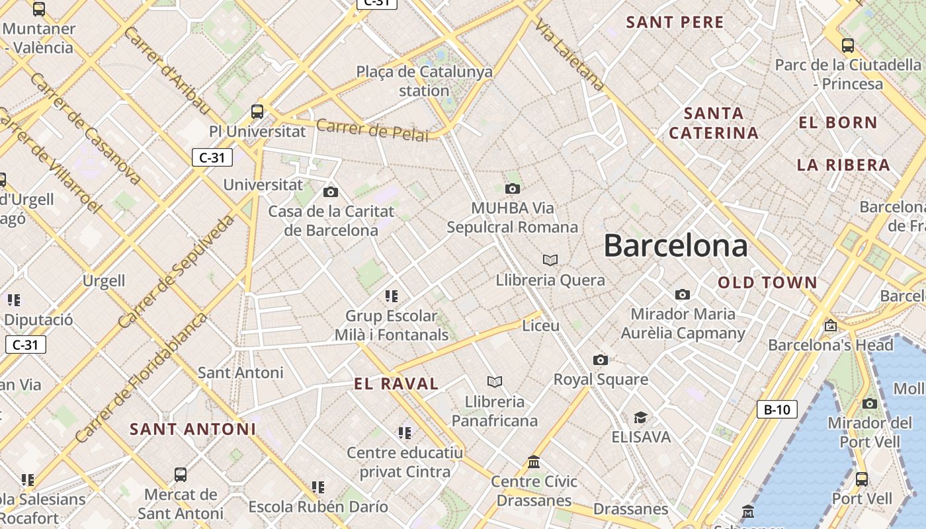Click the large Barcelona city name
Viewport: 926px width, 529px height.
675,246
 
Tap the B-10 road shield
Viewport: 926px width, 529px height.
777,409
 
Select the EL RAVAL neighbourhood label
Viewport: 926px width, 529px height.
396,384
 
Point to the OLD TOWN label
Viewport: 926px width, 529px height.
768,283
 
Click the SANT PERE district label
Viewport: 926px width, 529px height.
675,22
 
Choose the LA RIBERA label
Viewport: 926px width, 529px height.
843,165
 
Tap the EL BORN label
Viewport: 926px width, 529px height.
838,122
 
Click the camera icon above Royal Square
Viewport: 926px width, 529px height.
601,360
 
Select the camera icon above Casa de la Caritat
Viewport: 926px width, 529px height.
331,192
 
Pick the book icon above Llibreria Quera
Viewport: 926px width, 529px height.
550,260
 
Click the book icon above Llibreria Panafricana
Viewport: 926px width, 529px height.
495,382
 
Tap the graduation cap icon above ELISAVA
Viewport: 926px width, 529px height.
640,417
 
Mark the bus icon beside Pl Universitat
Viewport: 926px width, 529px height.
257,111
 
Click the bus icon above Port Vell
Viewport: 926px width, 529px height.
861,479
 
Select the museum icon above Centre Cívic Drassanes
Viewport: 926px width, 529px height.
534,462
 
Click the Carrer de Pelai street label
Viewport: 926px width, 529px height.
372,130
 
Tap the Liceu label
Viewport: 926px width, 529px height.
541,325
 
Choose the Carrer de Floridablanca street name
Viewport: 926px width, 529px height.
140,377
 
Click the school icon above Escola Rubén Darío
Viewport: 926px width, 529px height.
318,487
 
